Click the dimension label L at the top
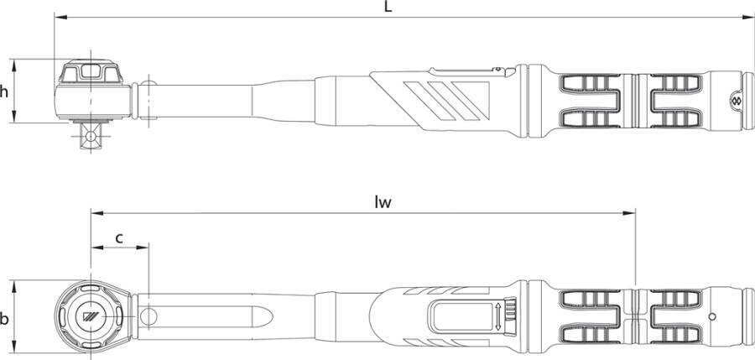pyautogui.click(x=388, y=7)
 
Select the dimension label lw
pyautogui.click(x=383, y=202)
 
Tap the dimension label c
pyautogui.click(x=119, y=237)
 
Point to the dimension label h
pyautogui.click(x=4, y=91)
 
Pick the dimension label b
pyautogui.click(x=4, y=318)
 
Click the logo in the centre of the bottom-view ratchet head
pyautogui.click(x=91, y=316)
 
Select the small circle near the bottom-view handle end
pyautogui.click(x=712, y=316)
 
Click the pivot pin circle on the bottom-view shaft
pyautogui.click(x=148, y=316)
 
